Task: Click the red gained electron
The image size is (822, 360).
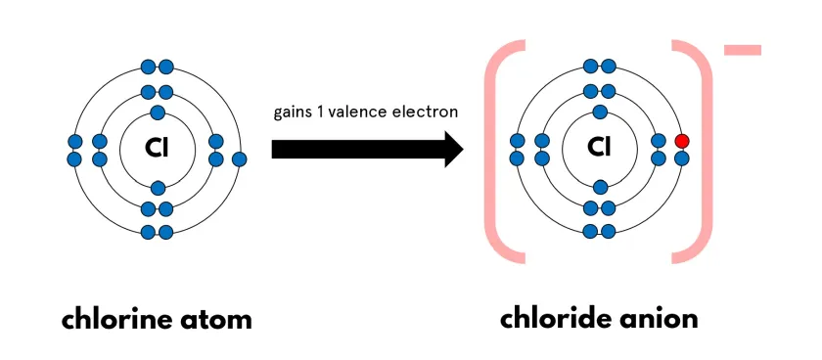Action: coord(682,140)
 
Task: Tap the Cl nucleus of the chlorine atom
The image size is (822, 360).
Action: coord(158,149)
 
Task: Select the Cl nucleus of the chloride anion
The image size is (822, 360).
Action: coord(600,149)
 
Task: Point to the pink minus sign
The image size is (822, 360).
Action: coord(744,50)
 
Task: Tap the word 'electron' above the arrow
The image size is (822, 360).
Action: coord(426,112)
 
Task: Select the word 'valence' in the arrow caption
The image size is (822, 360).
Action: coord(361,112)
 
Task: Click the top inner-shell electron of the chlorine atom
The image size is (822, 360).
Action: coord(158,112)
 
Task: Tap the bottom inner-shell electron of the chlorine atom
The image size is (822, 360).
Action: coord(158,186)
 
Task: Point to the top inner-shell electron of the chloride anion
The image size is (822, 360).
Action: coord(600,112)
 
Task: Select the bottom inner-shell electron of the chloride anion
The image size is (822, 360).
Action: coord(600,186)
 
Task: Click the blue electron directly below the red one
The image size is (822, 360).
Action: coord(682,157)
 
